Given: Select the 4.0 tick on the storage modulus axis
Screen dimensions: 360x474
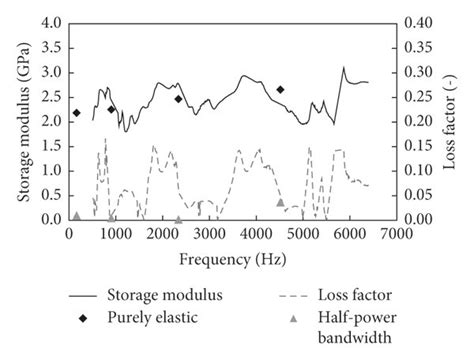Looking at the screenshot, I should pyautogui.click(x=50, y=22).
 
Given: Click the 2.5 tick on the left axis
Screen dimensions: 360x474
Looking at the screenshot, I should pyautogui.click(x=50, y=96).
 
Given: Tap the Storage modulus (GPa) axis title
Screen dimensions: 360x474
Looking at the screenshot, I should pyautogui.click(x=22, y=120).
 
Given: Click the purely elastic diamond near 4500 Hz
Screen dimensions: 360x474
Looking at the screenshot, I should pyautogui.click(x=280, y=89).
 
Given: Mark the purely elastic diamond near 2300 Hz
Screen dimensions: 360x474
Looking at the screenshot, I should pyautogui.click(x=178, y=98).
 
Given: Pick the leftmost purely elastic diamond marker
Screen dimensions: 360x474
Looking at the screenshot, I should pyautogui.click(x=77, y=113).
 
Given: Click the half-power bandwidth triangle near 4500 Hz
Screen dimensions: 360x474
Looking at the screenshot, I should pyautogui.click(x=280, y=202).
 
